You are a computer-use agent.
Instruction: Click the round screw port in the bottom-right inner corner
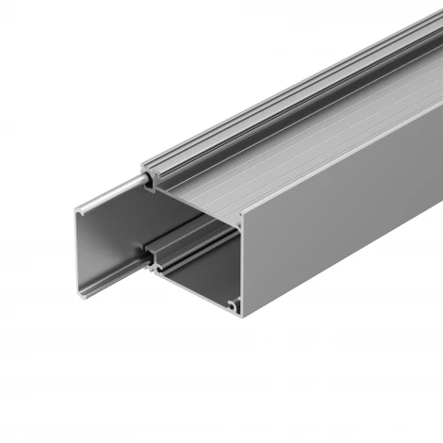point(233,304)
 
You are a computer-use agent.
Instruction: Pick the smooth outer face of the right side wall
point(339,217)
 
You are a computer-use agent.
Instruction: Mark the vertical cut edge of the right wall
point(239,264)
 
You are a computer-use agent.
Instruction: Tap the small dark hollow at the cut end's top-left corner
point(150,187)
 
